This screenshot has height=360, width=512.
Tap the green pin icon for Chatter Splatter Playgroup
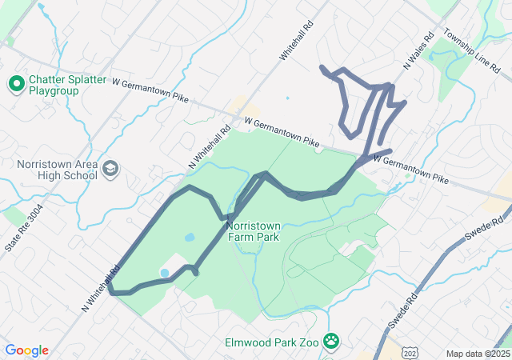coord(15,82)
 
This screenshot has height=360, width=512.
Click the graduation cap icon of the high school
coord(110,169)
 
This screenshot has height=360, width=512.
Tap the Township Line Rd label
coord(478,52)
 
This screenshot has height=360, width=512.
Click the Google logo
coord(26,350)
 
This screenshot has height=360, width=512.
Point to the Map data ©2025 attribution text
coord(477,354)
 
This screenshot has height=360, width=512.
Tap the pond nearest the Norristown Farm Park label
coord(190,238)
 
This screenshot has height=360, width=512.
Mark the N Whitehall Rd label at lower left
coord(98,289)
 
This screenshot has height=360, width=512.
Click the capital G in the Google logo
coord(10,350)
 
